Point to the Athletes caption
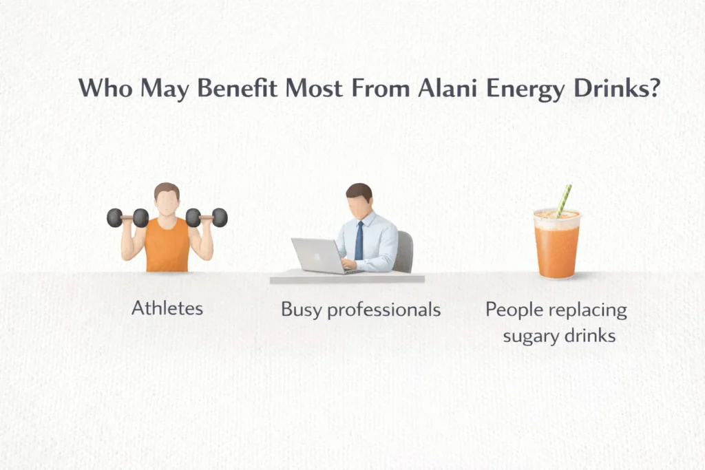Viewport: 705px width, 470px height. (x=167, y=308)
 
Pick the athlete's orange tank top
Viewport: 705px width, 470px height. (x=167, y=246)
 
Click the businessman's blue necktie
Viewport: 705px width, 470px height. (x=359, y=240)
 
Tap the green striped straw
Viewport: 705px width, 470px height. (x=564, y=200)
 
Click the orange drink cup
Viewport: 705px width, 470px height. (x=557, y=246)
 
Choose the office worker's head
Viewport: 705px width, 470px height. (x=358, y=199)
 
